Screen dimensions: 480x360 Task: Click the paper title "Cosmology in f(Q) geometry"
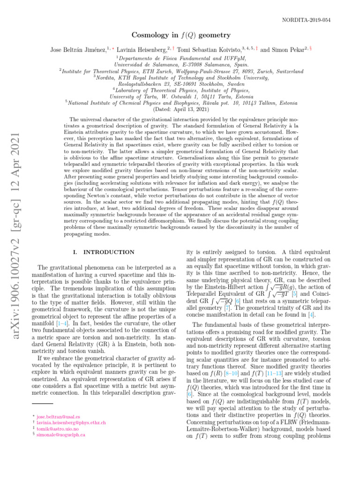click(180, 35)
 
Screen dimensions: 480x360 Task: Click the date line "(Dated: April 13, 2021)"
click(180, 110)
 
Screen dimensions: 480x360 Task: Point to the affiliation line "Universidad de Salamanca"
click(180, 64)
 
